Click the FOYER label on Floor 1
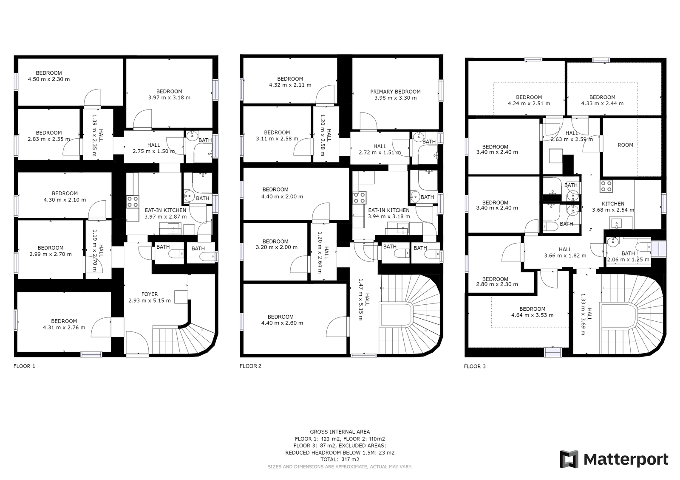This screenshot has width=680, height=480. point(149,294)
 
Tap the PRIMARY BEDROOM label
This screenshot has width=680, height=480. point(395,92)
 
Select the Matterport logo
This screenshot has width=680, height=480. point(614,459)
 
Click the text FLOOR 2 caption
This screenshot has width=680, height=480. point(250,366)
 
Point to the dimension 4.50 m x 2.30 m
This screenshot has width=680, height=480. point(49,79)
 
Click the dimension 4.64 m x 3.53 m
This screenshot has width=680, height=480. point(532,315)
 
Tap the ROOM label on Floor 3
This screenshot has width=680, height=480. point(625,145)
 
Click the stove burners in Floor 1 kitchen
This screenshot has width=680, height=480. point(133,202)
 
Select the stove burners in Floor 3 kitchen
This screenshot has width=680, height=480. point(606,186)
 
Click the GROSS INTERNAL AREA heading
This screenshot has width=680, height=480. point(340,432)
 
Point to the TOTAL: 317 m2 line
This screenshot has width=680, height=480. point(340,459)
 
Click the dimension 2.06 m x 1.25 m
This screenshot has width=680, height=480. point(628,260)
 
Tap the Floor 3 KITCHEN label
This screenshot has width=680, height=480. point(613,204)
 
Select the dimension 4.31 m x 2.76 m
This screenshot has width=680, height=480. point(64,328)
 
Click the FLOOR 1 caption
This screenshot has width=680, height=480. point(24,366)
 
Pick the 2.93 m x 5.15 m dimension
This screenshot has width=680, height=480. point(149,300)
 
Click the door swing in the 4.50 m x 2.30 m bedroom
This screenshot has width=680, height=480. point(93,98)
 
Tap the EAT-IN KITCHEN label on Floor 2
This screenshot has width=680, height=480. point(388,210)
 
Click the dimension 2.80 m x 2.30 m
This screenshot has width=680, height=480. point(497,284)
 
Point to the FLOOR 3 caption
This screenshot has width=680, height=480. point(475,366)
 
